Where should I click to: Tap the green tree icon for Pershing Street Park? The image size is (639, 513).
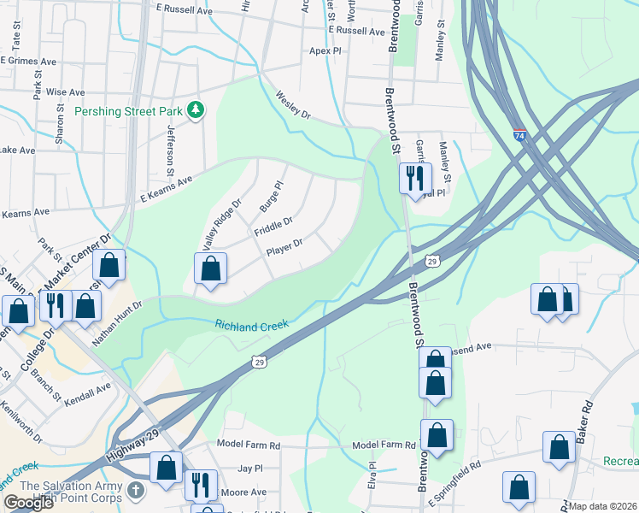196,109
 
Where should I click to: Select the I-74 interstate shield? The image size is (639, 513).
519,135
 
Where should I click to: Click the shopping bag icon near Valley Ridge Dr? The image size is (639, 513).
210,269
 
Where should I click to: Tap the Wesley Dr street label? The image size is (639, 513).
293,106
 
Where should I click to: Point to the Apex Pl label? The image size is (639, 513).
325,51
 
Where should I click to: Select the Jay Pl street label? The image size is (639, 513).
249,469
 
